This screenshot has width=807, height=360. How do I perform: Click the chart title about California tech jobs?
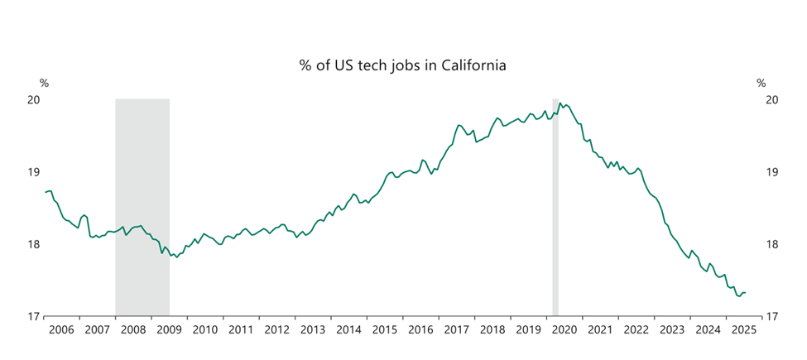(x=402, y=65)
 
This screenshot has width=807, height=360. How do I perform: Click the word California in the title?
(x=471, y=65)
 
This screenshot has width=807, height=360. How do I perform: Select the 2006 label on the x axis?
(x=61, y=329)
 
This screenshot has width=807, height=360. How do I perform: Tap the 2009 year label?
(x=169, y=329)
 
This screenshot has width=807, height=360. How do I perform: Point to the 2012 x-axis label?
(x=276, y=329)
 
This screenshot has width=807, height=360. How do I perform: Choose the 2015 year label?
(x=384, y=329)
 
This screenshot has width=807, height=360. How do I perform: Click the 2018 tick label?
(x=492, y=329)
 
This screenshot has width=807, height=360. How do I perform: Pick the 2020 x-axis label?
(x=564, y=329)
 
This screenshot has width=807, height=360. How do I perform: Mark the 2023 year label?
(x=671, y=329)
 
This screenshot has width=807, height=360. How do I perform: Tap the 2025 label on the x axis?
(x=742, y=329)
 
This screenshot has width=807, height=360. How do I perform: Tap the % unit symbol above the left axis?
(x=44, y=83)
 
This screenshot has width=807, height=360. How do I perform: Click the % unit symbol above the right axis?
(x=761, y=83)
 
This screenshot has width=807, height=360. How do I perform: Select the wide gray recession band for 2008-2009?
(x=142, y=207)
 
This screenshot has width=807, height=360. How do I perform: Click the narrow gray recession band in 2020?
(x=555, y=207)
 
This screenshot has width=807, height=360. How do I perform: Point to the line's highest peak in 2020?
(x=561, y=103)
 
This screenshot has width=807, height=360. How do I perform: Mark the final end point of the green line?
(x=746, y=292)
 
